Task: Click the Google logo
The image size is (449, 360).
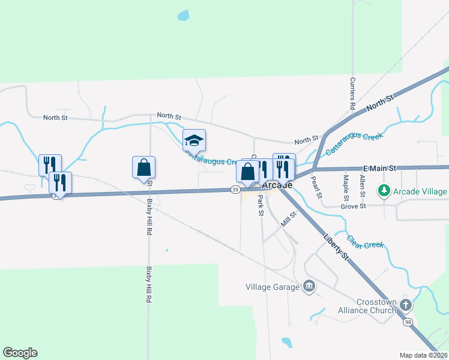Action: click(x=20, y=353)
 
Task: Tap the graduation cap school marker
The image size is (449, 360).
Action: click(x=194, y=140)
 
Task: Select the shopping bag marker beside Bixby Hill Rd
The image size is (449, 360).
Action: click(x=143, y=167)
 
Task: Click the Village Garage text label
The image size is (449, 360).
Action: click(x=272, y=287)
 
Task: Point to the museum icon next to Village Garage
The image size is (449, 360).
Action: click(x=309, y=286)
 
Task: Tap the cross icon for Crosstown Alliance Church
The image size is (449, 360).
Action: click(x=406, y=305)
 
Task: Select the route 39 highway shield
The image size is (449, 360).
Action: click(x=235, y=190)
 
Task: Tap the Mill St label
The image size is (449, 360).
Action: click(x=289, y=219)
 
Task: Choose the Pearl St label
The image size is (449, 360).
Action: click(x=316, y=187)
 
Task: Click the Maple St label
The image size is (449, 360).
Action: click(x=346, y=187)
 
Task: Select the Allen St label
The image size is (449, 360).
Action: click(x=362, y=186)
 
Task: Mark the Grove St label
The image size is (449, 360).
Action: click(x=354, y=206)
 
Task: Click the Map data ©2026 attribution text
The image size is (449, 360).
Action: click(x=423, y=355)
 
